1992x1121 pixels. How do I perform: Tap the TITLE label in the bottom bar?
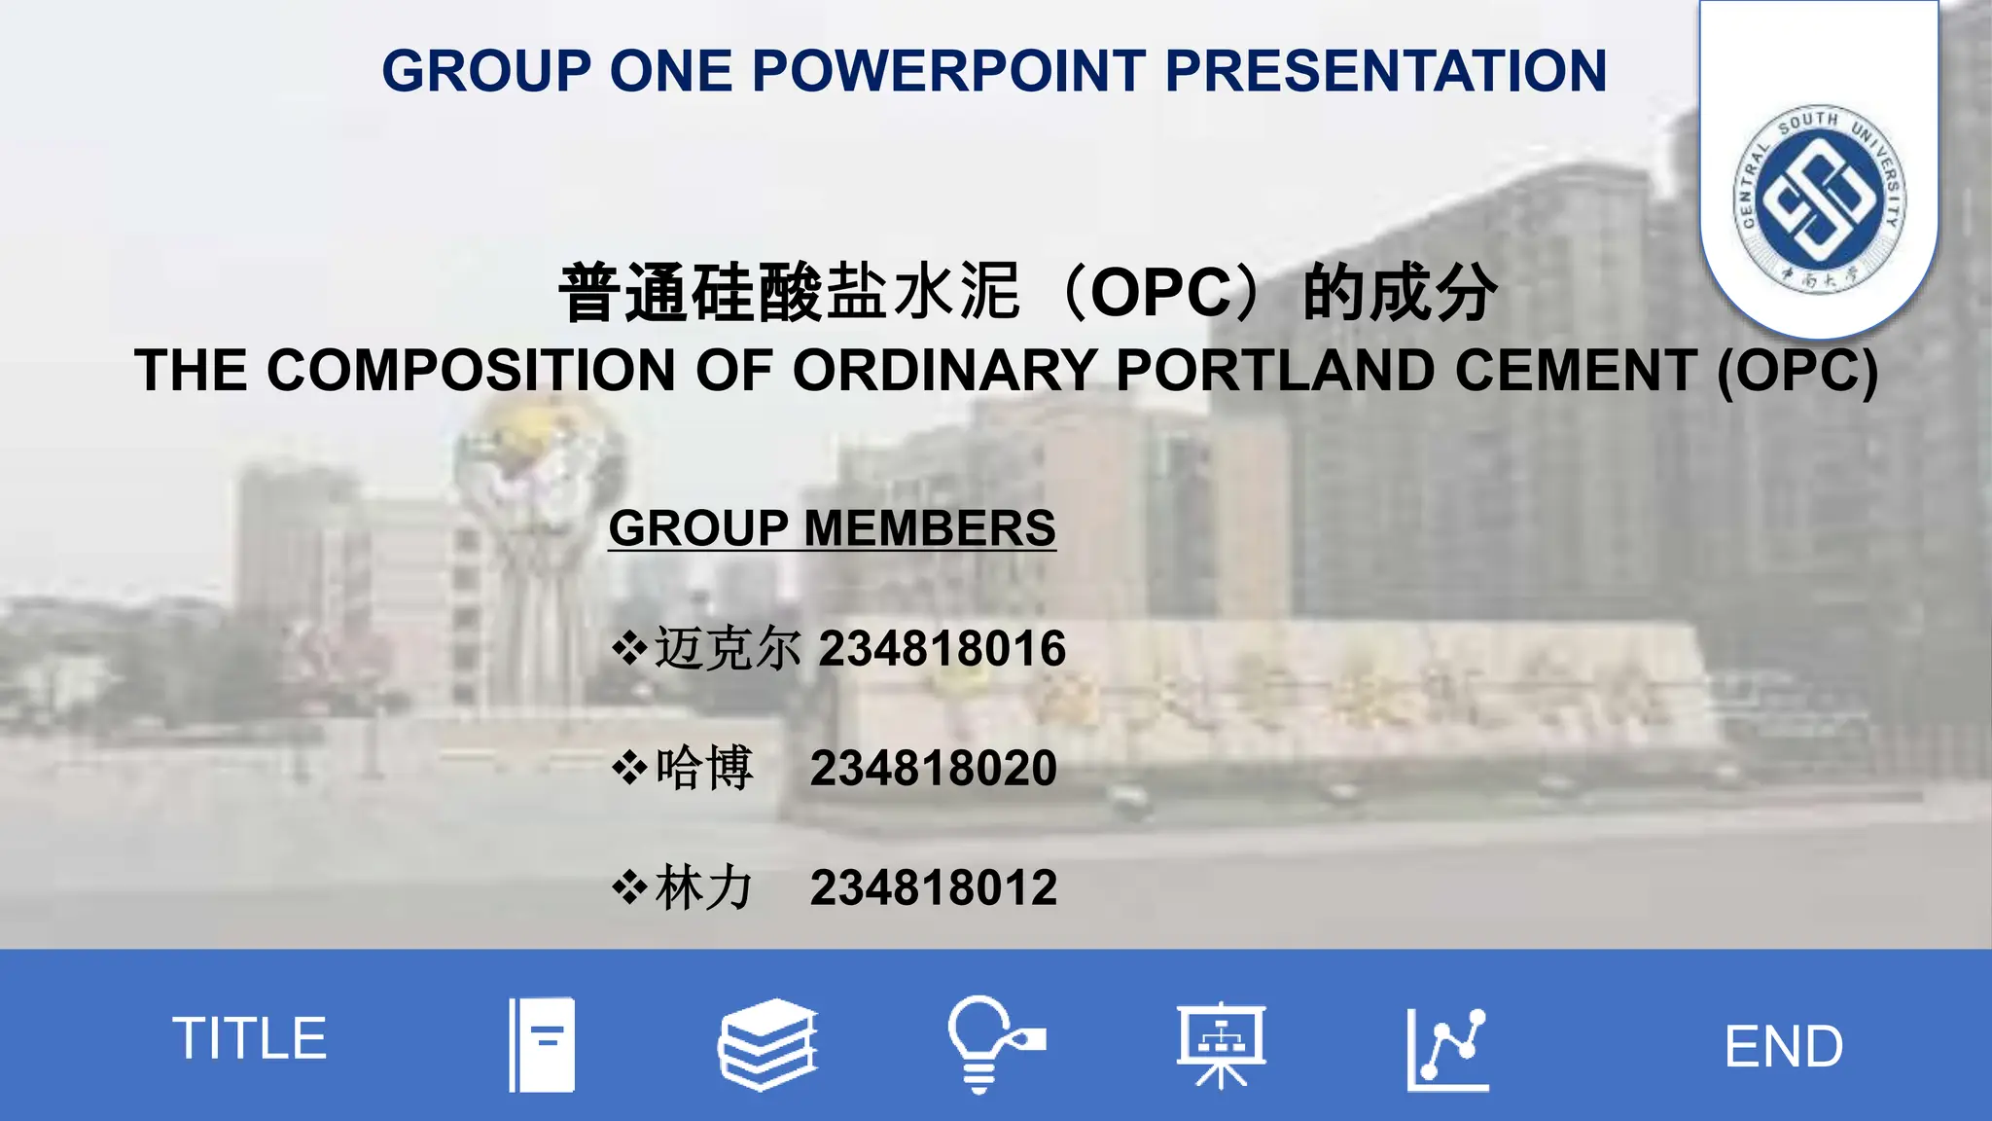tap(250, 1038)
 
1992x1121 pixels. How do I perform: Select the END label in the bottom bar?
tap(1783, 1047)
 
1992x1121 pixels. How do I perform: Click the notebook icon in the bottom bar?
tap(543, 1044)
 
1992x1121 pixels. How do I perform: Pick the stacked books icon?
tap(768, 1044)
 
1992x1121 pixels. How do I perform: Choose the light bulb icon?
tap(992, 1044)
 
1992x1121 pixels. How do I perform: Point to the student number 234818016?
tap(943, 649)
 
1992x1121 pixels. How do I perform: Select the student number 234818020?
tap(934, 769)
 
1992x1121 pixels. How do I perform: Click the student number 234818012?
tap(934, 888)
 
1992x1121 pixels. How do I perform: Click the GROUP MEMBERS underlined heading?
tap(832, 528)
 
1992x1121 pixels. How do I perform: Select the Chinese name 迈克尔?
tap(728, 649)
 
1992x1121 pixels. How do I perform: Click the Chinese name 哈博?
tap(704, 769)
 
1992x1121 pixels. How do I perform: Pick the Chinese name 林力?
tap(704, 888)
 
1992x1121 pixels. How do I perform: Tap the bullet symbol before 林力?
tap(629, 888)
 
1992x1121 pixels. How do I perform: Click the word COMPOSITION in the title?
tap(471, 371)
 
